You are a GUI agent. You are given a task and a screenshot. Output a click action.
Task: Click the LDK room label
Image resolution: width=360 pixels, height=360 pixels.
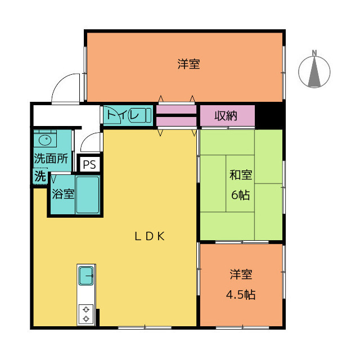click(x=150, y=236)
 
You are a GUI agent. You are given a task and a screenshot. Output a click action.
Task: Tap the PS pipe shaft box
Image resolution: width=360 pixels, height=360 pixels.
click(x=89, y=164)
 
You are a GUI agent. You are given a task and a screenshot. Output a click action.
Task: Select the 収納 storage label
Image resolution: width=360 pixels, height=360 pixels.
click(x=226, y=116)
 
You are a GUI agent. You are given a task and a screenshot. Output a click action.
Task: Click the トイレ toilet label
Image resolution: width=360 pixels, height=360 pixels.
click(x=123, y=114)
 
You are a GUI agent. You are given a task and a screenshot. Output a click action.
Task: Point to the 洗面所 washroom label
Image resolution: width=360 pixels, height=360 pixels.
click(x=51, y=159)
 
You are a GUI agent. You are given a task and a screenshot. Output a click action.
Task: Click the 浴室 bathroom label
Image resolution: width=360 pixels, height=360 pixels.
click(x=63, y=194)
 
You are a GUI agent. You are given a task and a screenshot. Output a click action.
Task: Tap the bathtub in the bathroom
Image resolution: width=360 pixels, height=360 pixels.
click(x=88, y=195)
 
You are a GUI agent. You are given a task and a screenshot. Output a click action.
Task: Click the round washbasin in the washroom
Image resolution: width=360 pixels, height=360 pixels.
click(x=45, y=140)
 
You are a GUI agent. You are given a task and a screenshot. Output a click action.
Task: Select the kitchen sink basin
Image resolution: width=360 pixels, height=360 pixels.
click(x=86, y=276)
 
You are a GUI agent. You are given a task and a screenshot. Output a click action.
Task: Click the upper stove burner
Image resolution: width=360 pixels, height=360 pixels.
click(x=86, y=310)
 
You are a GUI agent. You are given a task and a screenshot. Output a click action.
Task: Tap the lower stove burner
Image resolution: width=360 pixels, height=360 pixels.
click(x=86, y=319)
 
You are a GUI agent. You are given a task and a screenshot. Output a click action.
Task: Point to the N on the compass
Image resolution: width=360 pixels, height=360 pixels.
click(x=314, y=53)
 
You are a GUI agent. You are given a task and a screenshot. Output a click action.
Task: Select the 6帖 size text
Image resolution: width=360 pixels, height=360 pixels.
click(x=240, y=195)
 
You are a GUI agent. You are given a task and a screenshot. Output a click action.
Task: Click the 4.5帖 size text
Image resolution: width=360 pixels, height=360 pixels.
click(x=241, y=295)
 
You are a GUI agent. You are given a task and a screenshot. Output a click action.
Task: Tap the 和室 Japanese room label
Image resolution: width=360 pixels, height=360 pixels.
click(x=241, y=175)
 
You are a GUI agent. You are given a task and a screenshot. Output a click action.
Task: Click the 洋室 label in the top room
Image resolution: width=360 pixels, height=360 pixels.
click(x=189, y=64)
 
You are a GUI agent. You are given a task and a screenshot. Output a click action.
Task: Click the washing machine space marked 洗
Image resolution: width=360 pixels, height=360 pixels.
click(x=40, y=176)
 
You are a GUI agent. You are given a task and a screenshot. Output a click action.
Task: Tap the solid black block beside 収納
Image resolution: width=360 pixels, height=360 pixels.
click(x=269, y=116)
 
